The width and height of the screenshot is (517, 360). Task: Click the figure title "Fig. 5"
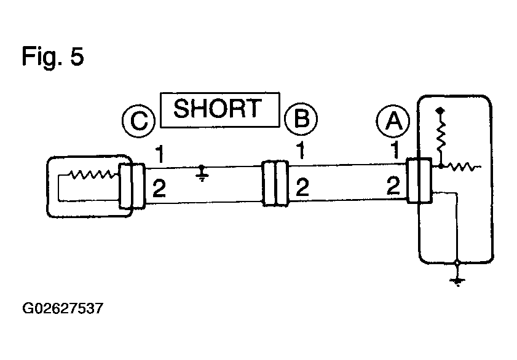coord(53,57)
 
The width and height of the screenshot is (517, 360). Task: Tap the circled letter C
coord(138,121)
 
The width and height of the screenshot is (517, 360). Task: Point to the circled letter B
coord(301,118)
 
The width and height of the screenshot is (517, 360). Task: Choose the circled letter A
coord(393,120)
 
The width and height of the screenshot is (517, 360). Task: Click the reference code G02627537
coord(63,308)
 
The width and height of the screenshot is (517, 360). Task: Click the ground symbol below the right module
coord(457,280)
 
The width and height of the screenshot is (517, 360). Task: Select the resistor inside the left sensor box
coord(92,174)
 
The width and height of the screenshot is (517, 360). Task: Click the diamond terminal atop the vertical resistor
coord(440,111)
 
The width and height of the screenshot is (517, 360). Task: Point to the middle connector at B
coord(275,184)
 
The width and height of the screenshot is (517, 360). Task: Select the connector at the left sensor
coord(132,186)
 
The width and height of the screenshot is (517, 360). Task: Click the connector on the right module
coord(419,180)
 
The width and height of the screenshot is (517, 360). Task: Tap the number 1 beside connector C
coord(160,154)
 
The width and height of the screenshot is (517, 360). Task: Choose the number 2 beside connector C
coord(159,189)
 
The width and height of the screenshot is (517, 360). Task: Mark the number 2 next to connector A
coord(393,186)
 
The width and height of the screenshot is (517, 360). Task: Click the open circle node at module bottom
coord(457,263)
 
